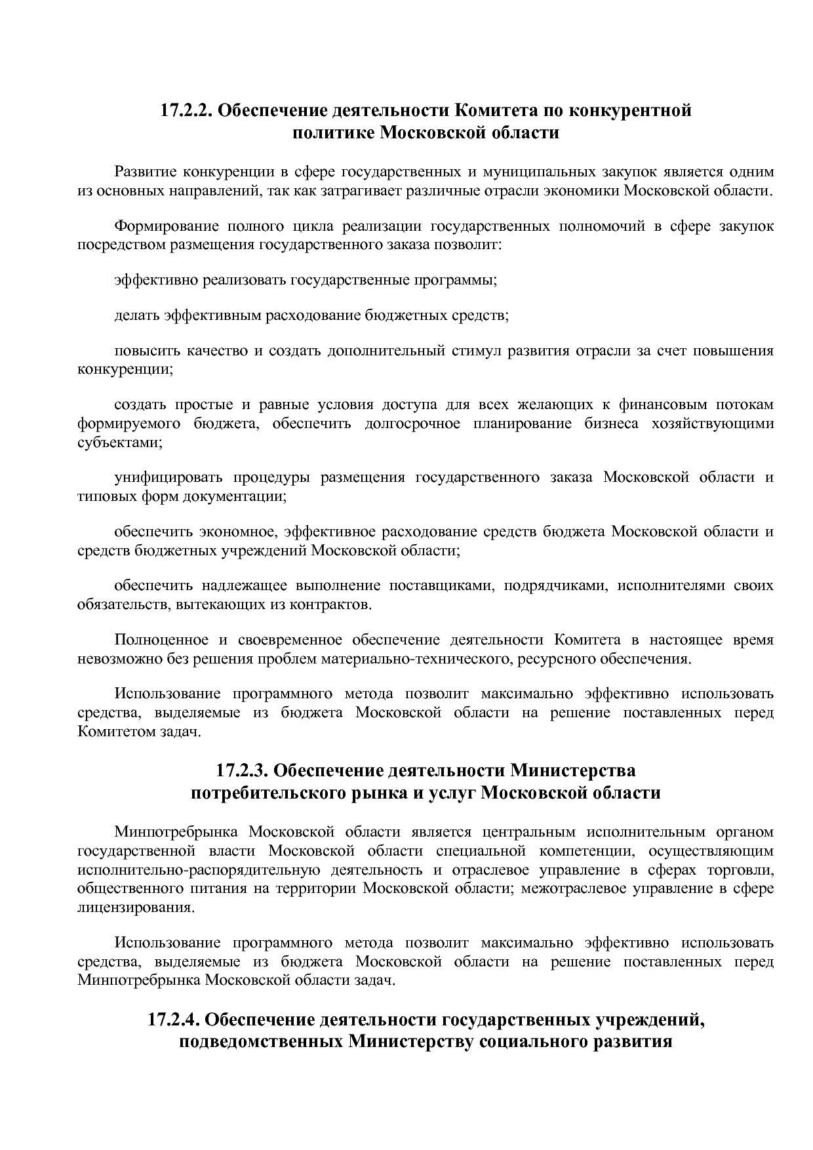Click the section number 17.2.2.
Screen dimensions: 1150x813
pos(187,110)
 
